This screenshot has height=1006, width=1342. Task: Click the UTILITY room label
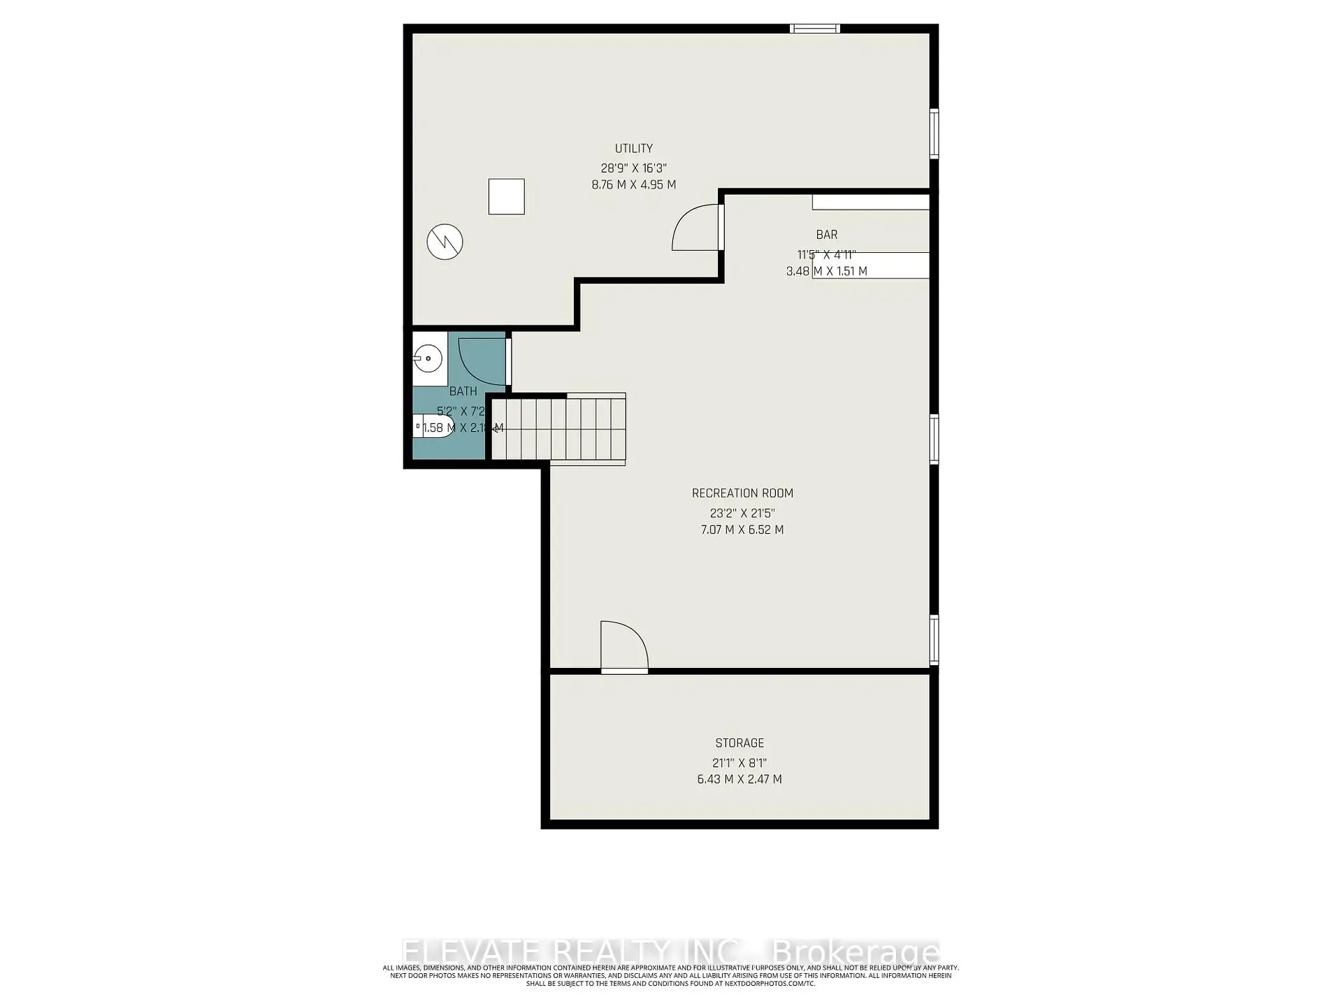click(x=633, y=148)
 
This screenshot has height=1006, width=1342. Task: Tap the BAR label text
click(x=826, y=235)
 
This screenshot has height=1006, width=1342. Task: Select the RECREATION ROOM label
click(x=742, y=493)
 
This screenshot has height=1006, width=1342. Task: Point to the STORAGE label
click(x=739, y=743)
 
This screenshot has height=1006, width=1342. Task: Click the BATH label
click(x=463, y=391)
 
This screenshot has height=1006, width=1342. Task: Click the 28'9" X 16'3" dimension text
click(x=633, y=168)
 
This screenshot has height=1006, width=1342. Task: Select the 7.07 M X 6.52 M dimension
click(x=742, y=530)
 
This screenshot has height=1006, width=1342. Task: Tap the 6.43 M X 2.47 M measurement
click(x=739, y=779)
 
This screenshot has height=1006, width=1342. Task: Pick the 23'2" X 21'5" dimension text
click(x=742, y=513)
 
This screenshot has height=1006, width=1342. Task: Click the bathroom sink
click(x=428, y=359)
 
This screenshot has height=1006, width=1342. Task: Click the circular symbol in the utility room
click(x=445, y=242)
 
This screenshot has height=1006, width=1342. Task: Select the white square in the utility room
click(x=506, y=196)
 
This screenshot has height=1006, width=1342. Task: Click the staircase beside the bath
click(x=559, y=428)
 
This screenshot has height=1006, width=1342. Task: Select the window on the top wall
click(x=814, y=29)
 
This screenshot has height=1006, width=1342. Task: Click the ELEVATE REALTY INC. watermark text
click(x=572, y=952)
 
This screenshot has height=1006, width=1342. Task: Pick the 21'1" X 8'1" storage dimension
click(x=739, y=763)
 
